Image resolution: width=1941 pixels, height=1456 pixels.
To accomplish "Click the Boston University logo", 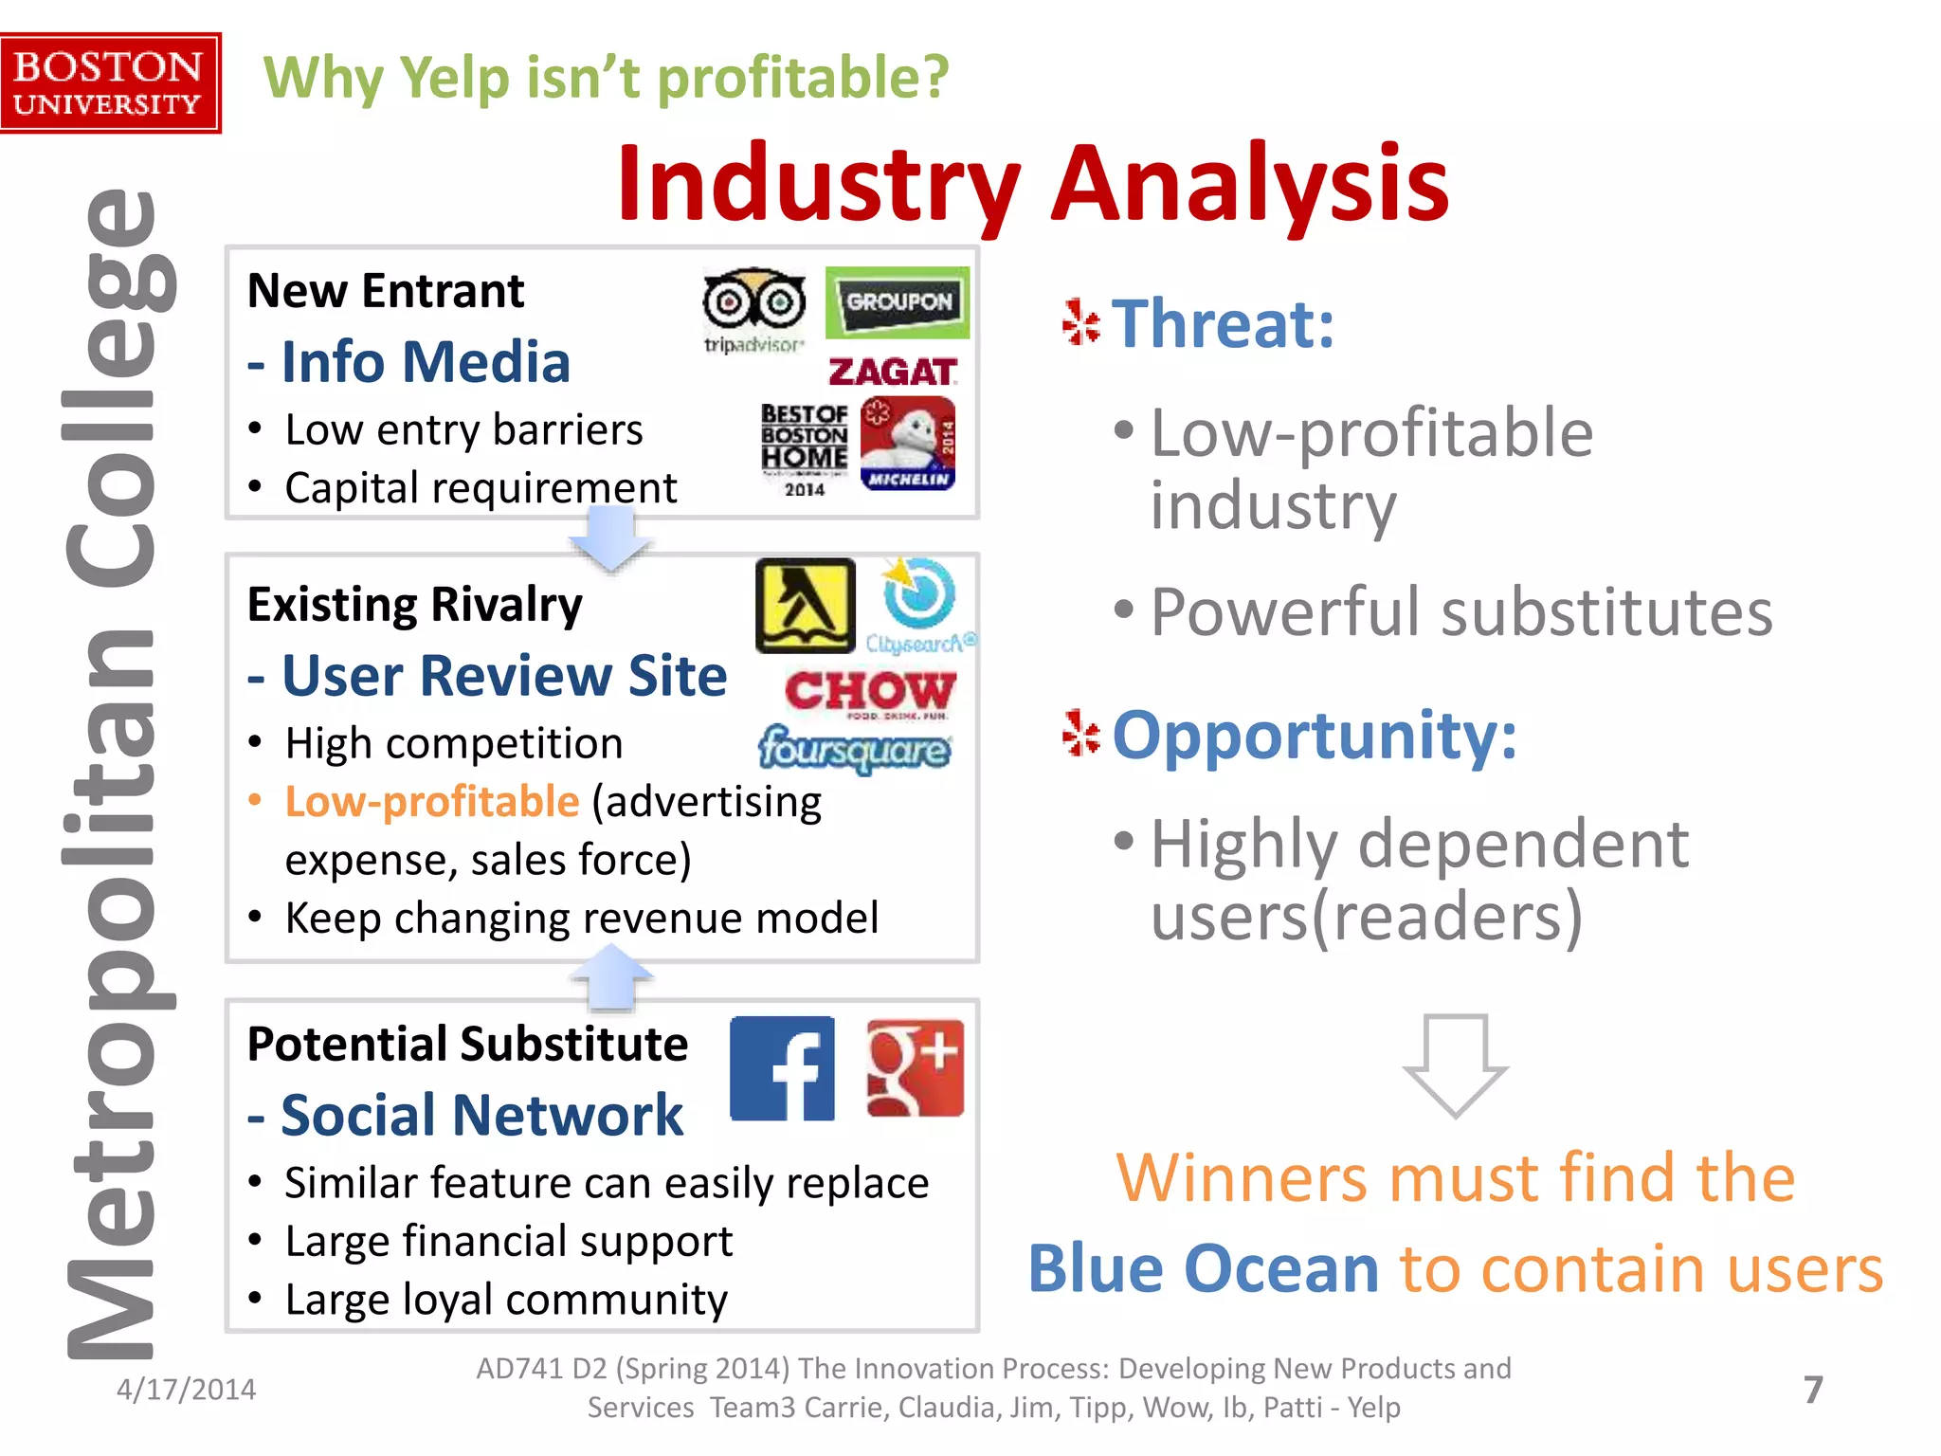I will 110,83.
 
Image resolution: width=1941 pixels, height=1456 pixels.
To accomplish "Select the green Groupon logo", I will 898,302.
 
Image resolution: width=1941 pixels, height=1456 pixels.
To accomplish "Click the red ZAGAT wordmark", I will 892,372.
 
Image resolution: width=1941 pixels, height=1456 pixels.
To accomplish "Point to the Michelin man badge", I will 908,444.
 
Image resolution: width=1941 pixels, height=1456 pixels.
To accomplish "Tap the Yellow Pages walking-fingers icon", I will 805,606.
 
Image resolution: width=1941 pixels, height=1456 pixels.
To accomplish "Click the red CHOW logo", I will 870,692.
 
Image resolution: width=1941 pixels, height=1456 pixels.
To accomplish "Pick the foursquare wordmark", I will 854,750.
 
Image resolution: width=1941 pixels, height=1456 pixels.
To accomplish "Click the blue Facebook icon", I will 782,1068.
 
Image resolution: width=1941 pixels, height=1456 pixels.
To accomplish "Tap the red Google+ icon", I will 915,1068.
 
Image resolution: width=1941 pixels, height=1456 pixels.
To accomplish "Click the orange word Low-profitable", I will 432,802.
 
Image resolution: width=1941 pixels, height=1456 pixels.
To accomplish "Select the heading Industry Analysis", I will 1032,182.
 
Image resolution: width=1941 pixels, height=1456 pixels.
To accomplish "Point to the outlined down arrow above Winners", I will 1455,1065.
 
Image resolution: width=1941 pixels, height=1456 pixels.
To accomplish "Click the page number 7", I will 1812,1390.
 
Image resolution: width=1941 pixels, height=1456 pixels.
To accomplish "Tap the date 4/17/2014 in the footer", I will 186,1390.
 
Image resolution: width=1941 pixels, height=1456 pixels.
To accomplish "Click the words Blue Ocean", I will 1203,1268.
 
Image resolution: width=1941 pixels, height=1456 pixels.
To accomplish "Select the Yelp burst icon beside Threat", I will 1080,322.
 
